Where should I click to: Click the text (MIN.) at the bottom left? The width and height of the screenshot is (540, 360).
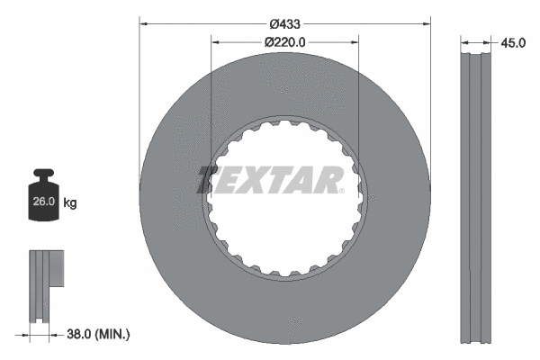click(x=114, y=334)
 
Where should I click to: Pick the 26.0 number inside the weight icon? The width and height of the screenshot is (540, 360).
click(x=43, y=202)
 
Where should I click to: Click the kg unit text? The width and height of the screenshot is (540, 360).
click(x=70, y=202)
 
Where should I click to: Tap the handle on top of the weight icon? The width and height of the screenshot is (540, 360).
click(x=43, y=174)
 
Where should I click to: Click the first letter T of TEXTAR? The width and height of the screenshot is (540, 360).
click(x=209, y=180)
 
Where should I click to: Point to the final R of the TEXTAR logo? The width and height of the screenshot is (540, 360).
click(x=328, y=180)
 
